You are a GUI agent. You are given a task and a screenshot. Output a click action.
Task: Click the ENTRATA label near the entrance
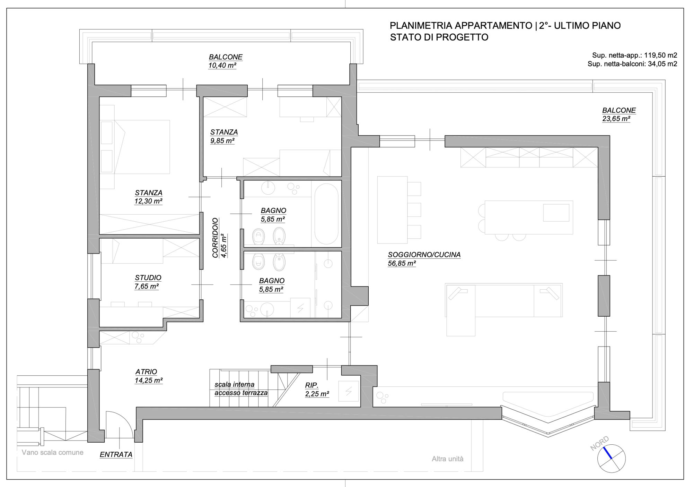coord(116,454)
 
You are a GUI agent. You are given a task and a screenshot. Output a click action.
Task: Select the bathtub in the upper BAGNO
coord(326,214)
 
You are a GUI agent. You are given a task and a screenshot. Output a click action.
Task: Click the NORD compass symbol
coord(611,458)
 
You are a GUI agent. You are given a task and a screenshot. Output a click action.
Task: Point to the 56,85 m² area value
coord(402,263)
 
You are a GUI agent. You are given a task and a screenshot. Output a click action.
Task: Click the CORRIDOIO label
coord(215,238)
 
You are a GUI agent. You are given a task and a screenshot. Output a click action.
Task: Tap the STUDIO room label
coord(148,277)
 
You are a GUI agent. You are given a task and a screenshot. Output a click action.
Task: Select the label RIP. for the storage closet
coord(312,385)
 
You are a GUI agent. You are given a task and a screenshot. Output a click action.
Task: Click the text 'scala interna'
coord(234,384)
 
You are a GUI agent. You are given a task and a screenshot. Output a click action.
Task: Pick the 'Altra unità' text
coord(447,459)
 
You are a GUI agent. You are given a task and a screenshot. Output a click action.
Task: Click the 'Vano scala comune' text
coord(52,452)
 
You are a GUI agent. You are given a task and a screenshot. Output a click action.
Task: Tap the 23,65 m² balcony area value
coord(616,119)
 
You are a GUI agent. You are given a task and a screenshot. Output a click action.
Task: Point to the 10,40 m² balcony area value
coord(222,66)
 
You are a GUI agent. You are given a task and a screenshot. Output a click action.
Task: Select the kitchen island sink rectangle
coord(556,213)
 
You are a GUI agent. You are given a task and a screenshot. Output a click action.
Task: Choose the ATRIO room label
coord(146,371)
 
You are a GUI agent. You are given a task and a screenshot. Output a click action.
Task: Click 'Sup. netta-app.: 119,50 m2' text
coord(634,55)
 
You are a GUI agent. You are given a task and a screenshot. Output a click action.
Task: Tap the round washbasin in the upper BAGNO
coord(268,188)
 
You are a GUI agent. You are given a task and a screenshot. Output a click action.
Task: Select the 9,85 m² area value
coord(222,141)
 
